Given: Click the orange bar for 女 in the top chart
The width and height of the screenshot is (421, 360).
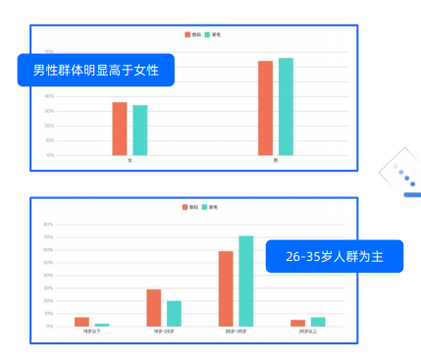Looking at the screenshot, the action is click(x=120, y=129).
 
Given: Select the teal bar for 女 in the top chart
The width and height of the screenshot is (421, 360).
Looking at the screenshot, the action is click(x=140, y=129).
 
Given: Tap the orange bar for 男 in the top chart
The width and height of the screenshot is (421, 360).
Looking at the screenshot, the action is click(x=265, y=108).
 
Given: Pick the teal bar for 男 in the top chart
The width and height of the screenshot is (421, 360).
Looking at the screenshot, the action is click(x=286, y=106).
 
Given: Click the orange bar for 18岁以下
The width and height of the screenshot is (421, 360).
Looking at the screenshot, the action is click(x=81, y=322).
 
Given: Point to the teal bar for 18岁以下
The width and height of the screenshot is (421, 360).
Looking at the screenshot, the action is click(x=102, y=325).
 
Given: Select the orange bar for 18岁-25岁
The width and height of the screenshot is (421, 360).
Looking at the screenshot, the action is click(x=154, y=308).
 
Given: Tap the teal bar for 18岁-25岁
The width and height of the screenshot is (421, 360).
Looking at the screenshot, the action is click(x=174, y=313).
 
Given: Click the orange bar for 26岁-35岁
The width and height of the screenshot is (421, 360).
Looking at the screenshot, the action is click(x=226, y=288).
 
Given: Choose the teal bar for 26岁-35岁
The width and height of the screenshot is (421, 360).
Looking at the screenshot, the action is click(x=246, y=281).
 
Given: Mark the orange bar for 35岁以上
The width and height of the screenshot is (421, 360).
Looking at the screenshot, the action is click(x=297, y=323).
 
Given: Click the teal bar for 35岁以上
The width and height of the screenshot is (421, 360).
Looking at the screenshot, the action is click(x=318, y=322).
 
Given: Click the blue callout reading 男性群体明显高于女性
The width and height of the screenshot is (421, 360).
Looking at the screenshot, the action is click(x=96, y=71).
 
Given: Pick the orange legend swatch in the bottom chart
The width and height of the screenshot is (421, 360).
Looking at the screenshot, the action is click(x=184, y=207).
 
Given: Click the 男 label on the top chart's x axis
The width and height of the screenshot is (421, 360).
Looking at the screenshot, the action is click(x=276, y=160).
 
